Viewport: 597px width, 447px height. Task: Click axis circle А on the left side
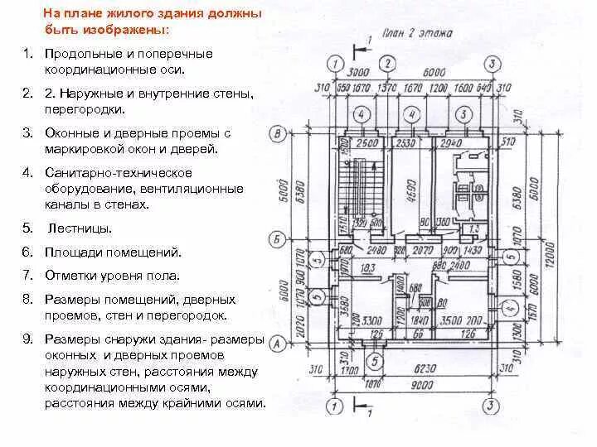coord(279,341)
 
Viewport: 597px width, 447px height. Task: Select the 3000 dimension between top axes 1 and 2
coord(358,73)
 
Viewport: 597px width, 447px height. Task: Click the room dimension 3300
coord(371,319)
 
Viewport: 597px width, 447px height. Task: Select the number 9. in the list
coord(27,339)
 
